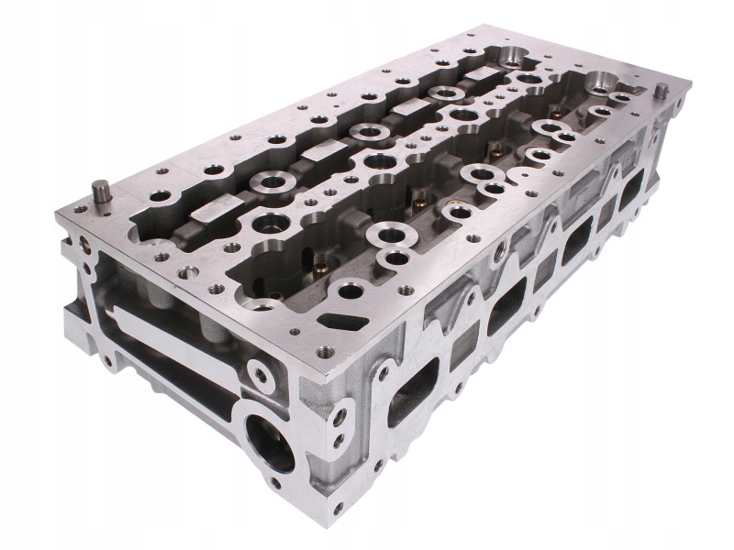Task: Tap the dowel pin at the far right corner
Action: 660,92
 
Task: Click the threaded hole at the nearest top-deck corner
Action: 322,350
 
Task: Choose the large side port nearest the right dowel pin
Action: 633,188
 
